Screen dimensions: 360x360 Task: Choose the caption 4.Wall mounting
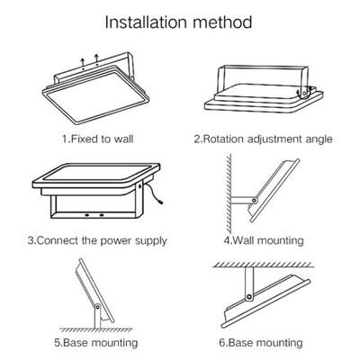coord(263,240)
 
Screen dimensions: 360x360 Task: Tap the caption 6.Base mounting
coord(263,342)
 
